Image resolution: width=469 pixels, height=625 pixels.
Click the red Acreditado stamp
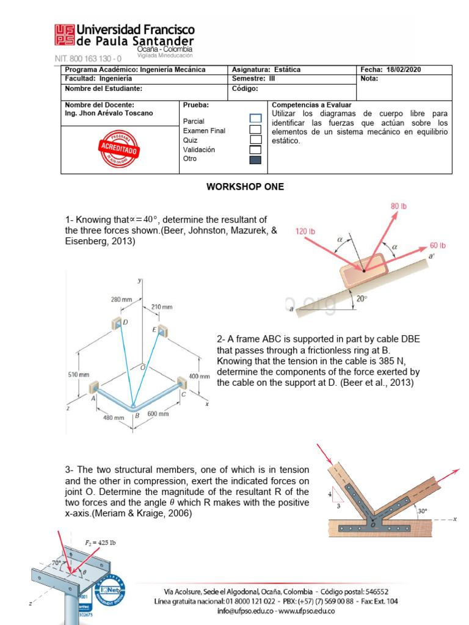point(120,148)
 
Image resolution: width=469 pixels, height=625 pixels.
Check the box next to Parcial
point(255,118)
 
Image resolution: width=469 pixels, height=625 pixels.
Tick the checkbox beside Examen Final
point(255,129)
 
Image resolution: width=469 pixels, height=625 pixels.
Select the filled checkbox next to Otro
point(255,160)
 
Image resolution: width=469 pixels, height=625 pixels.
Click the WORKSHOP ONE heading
point(245,187)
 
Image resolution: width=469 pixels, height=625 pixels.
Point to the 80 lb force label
point(398,206)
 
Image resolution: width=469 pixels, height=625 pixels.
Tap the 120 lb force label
point(305,231)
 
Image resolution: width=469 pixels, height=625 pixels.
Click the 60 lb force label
point(438,245)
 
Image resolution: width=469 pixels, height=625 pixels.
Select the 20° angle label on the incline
point(362,298)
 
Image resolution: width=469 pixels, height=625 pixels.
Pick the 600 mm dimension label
point(158,414)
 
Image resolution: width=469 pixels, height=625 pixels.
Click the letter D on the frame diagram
point(126,322)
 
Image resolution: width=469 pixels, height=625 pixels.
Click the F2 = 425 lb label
point(101,541)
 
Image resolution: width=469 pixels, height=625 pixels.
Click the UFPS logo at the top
point(65,35)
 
